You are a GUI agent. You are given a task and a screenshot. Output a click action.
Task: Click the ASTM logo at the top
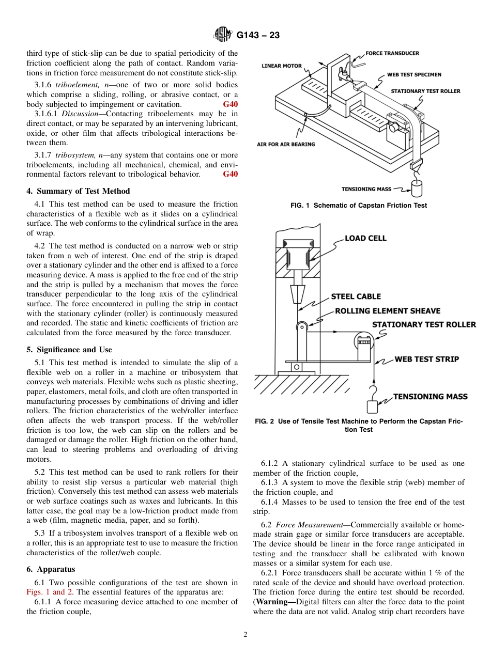[x=223, y=35]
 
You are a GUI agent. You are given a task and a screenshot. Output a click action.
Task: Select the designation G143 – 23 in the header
[x=258, y=36]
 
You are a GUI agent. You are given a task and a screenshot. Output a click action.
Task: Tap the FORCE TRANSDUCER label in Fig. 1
[x=392, y=53]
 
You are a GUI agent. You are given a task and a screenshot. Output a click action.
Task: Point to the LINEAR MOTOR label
[x=282, y=66]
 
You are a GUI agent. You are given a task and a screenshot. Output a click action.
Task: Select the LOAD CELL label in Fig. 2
[x=365, y=238]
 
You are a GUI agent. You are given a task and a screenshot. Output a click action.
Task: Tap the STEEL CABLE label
[x=356, y=296]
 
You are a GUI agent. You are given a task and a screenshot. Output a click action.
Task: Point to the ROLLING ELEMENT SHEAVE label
[x=388, y=311]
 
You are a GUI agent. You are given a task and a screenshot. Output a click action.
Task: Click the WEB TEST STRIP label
[x=427, y=359]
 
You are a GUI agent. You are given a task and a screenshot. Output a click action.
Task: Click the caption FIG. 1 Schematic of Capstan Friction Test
[x=359, y=206]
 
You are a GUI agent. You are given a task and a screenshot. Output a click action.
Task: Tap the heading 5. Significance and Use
[x=69, y=350]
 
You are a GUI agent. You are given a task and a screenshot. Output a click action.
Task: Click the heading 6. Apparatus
[x=51, y=569]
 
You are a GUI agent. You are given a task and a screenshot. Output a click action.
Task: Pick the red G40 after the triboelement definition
[x=231, y=104]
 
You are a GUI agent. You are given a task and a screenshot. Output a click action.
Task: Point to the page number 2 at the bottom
[x=245, y=635]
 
